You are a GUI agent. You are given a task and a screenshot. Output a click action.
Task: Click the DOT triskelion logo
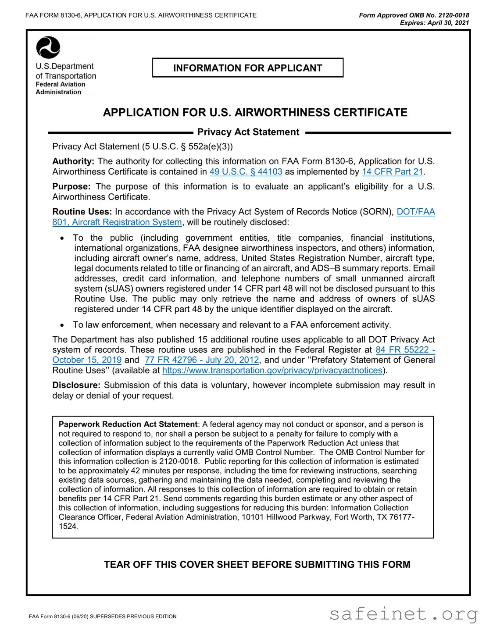coord(48,47)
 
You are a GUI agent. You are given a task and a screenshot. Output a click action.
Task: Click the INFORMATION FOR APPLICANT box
coord(247,68)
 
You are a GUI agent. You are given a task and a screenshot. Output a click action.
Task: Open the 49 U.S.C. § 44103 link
coord(246,172)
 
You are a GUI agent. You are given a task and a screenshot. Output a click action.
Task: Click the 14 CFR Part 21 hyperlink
coord(392,172)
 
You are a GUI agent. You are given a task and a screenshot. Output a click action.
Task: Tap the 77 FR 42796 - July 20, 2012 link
coord(202,360)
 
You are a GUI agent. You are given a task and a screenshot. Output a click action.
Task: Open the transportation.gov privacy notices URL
coord(272,371)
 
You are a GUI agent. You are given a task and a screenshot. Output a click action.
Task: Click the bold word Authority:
coord(73,161)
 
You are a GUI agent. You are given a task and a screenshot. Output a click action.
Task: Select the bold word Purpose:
coord(71,187)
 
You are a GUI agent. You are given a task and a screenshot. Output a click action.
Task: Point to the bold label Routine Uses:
coord(82,212)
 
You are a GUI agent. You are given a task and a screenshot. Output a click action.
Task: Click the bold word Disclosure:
coord(76,385)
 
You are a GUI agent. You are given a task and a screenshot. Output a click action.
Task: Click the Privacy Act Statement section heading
coord(248,132)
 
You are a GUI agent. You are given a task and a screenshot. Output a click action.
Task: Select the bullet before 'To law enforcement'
coord(63,325)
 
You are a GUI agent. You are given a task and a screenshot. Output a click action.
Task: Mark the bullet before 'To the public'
coord(63,238)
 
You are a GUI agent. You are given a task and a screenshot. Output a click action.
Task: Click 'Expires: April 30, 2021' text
coord(434,23)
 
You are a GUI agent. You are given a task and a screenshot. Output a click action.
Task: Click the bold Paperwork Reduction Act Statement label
coord(128,424)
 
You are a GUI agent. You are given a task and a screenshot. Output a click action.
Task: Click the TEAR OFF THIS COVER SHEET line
coord(257,565)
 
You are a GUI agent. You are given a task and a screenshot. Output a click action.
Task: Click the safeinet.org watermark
coord(403,614)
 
